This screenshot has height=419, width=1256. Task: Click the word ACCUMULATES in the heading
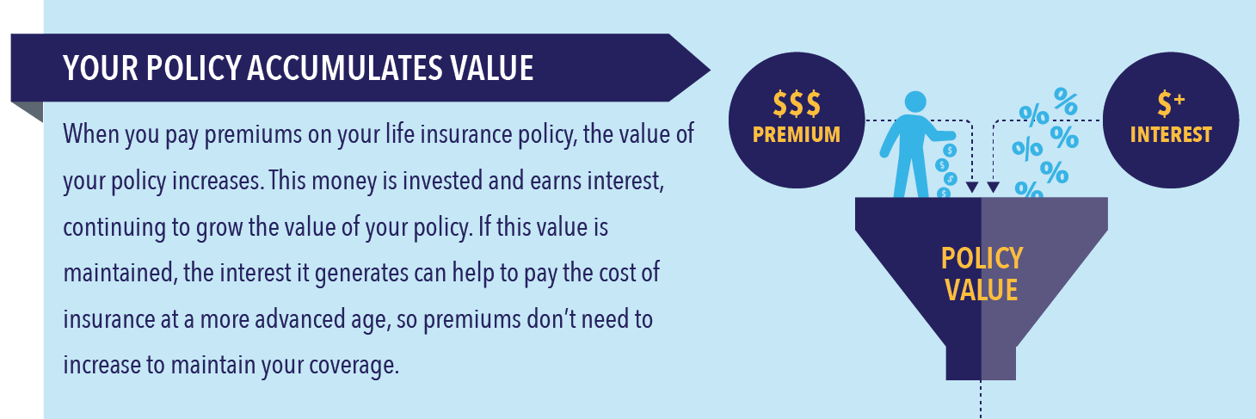click(x=345, y=69)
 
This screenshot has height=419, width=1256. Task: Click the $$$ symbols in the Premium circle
click(x=797, y=104)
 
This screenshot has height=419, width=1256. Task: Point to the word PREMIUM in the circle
click(x=797, y=134)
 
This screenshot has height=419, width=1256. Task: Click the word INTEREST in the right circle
click(x=1171, y=134)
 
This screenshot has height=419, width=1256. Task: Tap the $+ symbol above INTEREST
click(x=1171, y=104)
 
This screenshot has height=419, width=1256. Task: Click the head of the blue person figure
click(x=915, y=102)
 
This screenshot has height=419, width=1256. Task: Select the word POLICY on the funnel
click(x=982, y=259)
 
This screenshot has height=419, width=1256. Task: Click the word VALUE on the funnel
click(x=982, y=290)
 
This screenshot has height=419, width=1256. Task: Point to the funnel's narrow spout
click(x=981, y=363)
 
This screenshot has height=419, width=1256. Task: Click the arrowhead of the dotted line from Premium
click(x=972, y=188)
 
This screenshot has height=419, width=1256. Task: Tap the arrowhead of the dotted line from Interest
click(x=993, y=188)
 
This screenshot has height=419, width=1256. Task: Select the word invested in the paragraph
click(x=442, y=181)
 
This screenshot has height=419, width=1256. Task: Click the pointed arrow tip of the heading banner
click(x=710, y=70)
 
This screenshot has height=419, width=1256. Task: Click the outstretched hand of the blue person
click(x=946, y=135)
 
